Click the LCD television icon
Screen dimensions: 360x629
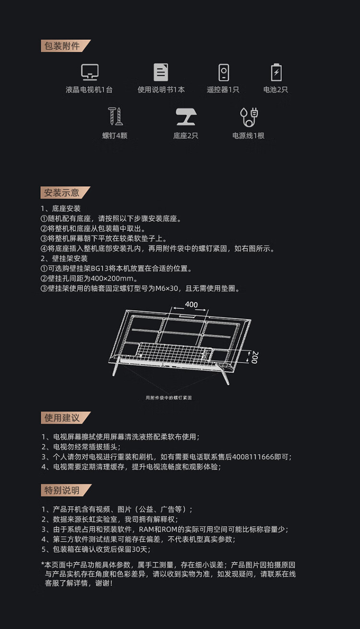click(90, 72)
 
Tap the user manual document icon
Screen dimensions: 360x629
click(161, 72)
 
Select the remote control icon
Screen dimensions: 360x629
click(224, 73)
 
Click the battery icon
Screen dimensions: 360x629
click(276, 72)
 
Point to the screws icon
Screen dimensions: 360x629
click(115, 116)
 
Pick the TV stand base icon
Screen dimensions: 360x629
click(186, 117)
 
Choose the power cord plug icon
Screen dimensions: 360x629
click(249, 117)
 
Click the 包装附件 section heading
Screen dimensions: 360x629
click(62, 46)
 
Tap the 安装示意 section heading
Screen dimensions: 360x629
click(61, 193)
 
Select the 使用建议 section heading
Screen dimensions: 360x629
click(62, 418)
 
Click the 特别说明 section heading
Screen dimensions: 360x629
click(62, 490)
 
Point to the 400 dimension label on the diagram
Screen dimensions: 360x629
click(191, 304)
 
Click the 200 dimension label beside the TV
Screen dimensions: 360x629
click(255, 357)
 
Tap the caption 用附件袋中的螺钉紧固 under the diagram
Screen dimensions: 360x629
click(169, 398)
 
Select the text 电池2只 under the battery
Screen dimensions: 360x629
click(276, 90)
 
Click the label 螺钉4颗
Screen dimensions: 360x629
click(115, 135)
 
